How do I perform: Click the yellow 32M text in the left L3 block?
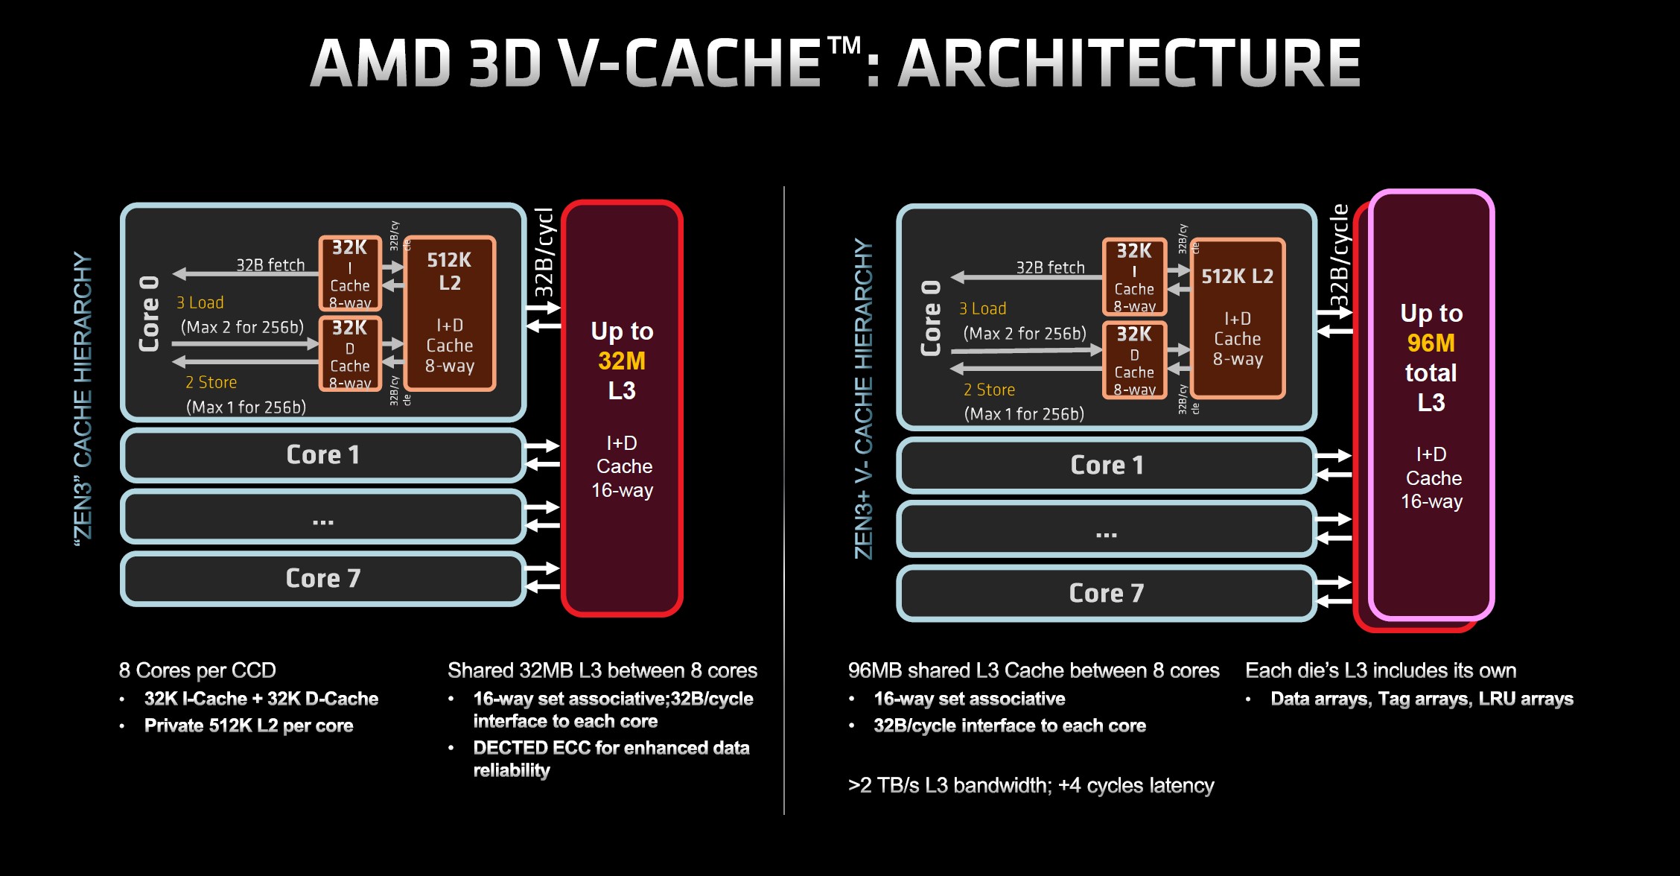tap(622, 361)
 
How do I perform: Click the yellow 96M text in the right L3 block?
tap(1431, 343)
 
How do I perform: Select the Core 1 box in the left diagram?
tap(323, 455)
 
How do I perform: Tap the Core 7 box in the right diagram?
tap(1107, 594)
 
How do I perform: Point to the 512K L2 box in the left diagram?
tap(449, 313)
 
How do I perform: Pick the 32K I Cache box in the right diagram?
tap(1134, 277)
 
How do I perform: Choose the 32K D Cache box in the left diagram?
tap(350, 354)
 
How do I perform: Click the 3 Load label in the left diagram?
tap(200, 303)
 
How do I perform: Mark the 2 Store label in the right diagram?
tap(989, 390)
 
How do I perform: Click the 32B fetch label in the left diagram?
tap(270, 265)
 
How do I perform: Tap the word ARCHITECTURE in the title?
tap(1129, 64)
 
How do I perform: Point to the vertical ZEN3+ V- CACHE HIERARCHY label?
tap(863, 399)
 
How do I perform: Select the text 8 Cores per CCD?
tap(197, 670)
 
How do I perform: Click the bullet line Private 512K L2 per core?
tap(248, 726)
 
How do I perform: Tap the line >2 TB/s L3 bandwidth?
tap(1031, 786)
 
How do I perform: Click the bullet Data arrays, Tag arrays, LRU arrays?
tap(1422, 699)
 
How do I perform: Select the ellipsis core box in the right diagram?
tap(1107, 530)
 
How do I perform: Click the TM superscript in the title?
tap(844, 46)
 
